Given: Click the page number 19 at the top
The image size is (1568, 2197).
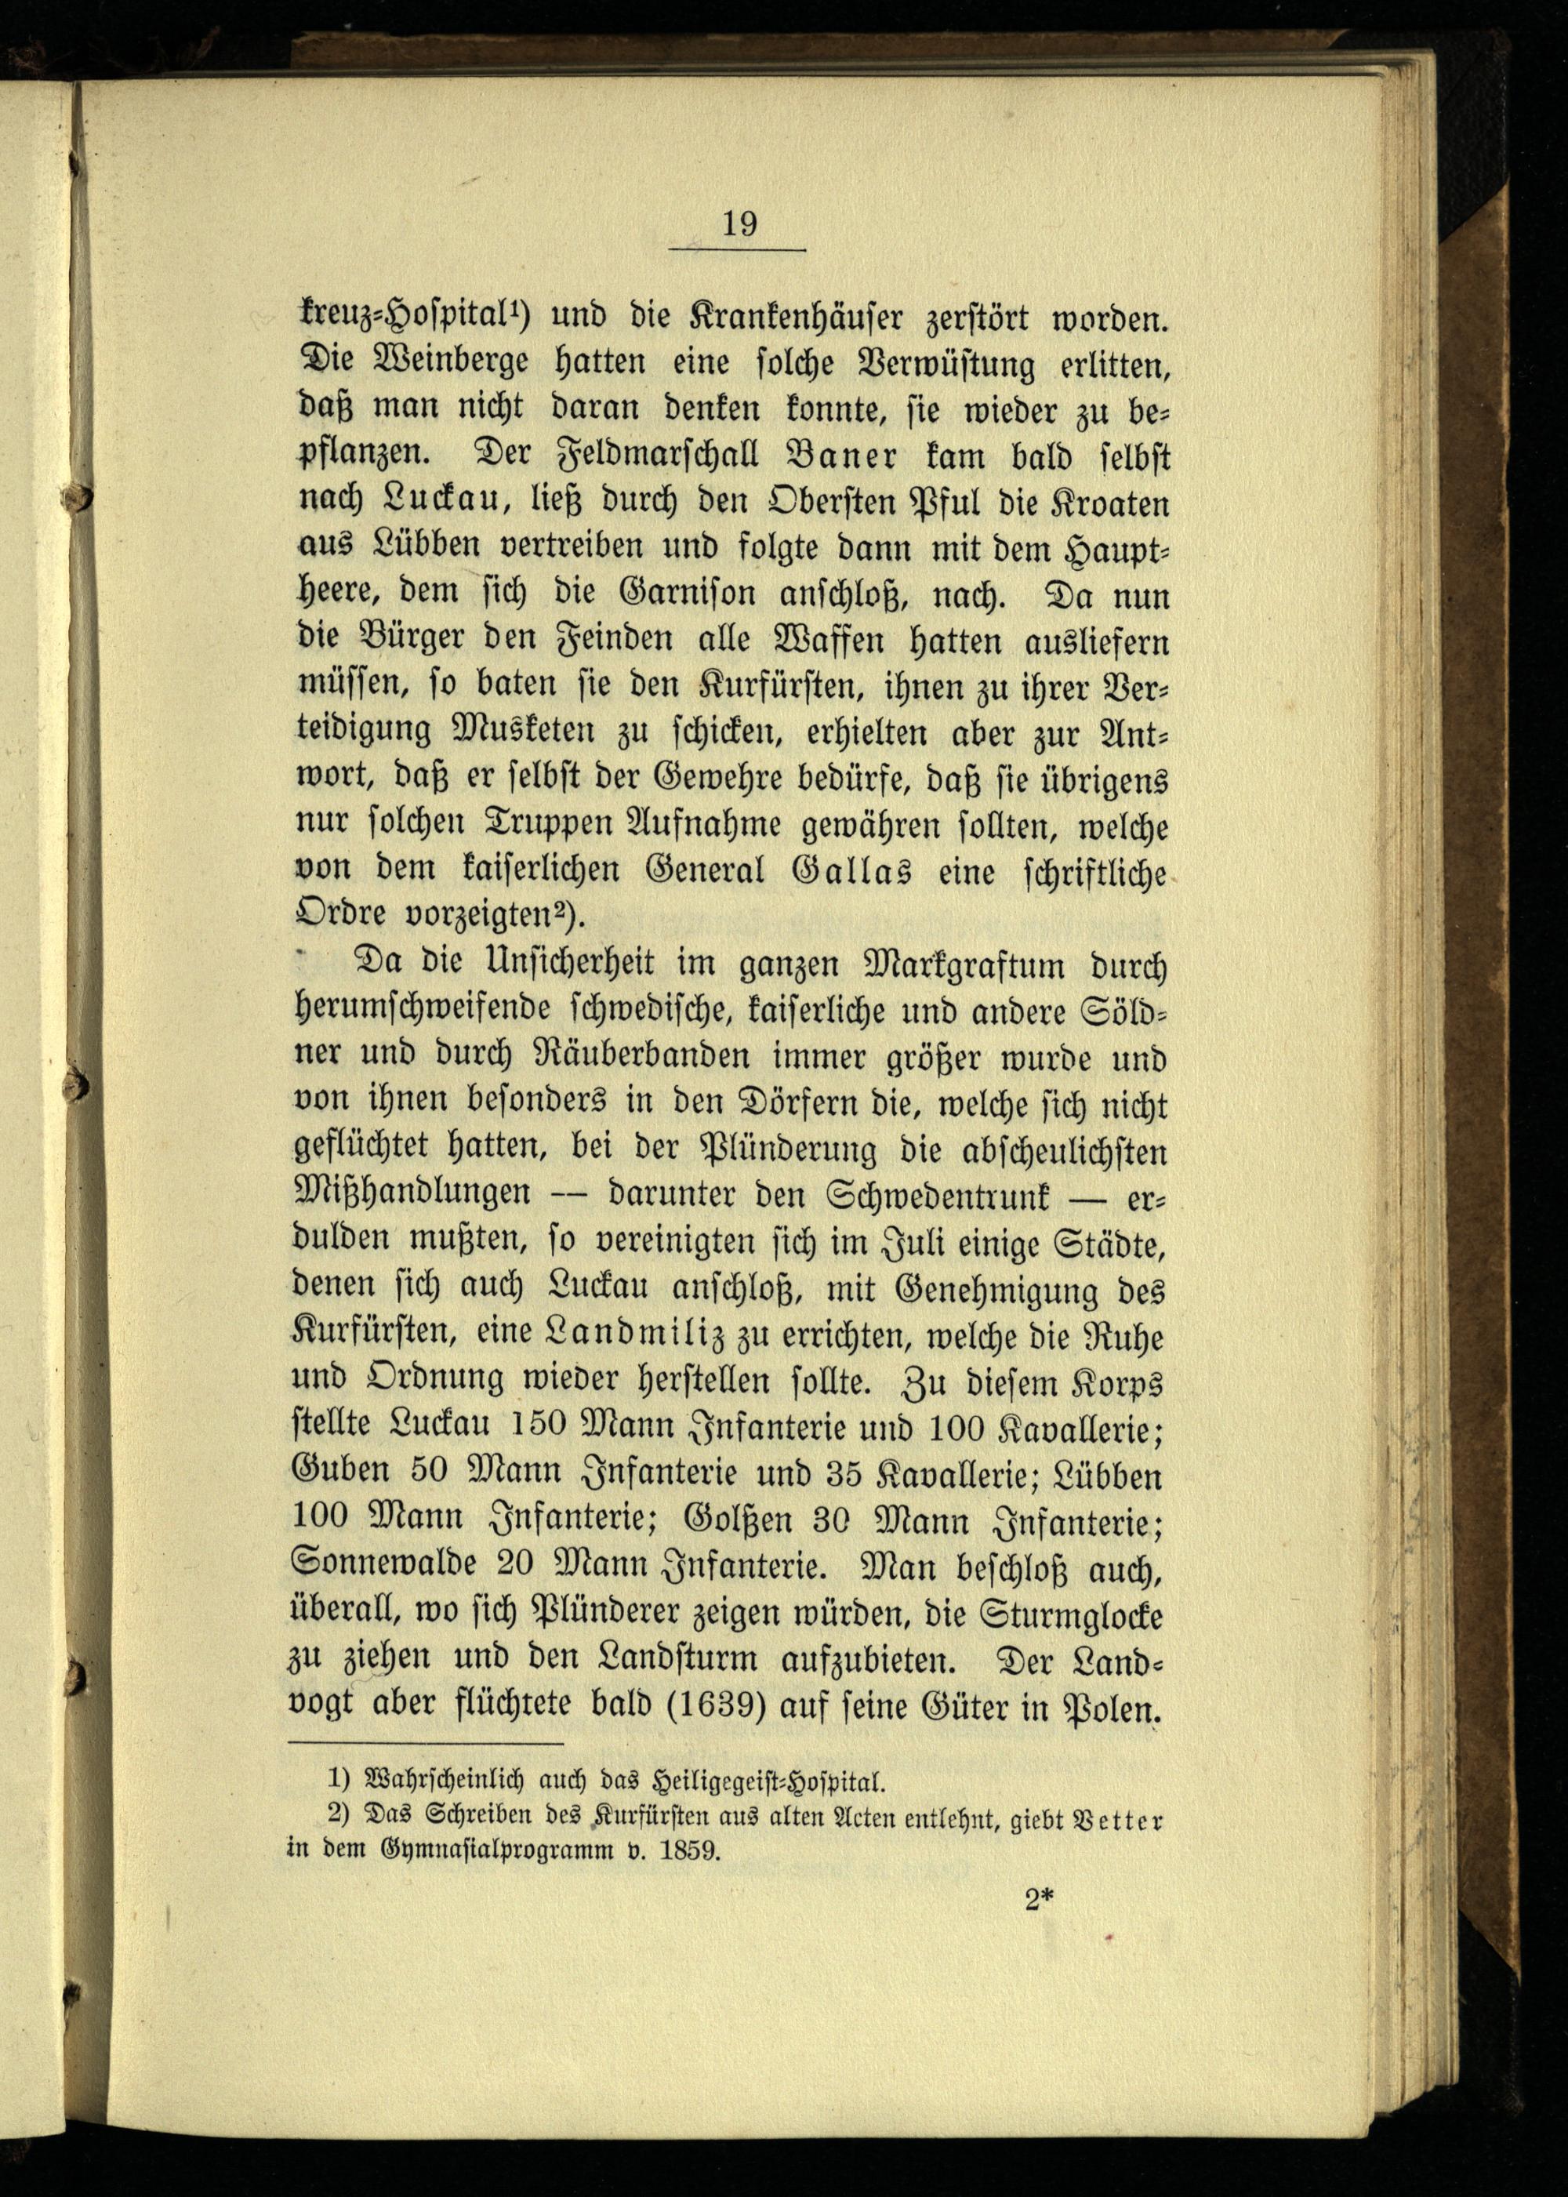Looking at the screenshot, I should click(739, 224).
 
